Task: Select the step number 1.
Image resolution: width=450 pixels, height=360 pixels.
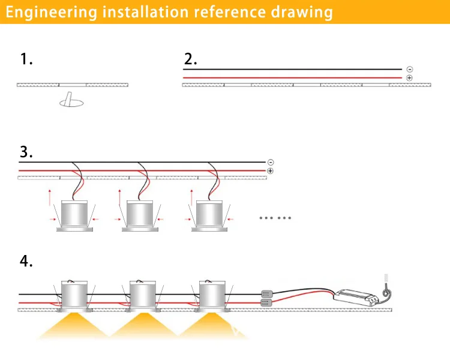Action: (26, 59)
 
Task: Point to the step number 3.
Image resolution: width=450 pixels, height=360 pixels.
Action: (26, 152)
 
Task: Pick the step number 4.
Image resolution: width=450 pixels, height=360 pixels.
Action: (26, 262)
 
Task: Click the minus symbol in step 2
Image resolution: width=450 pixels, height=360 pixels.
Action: (410, 70)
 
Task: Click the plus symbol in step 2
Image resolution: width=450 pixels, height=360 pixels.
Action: (410, 78)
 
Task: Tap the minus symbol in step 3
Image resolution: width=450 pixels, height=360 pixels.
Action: (271, 162)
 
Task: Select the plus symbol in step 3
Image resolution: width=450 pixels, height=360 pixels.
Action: (271, 171)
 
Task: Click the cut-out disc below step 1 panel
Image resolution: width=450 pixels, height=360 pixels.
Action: (73, 103)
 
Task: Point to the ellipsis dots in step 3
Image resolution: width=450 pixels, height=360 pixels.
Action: (275, 217)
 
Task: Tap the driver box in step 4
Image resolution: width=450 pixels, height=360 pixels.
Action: (355, 295)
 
